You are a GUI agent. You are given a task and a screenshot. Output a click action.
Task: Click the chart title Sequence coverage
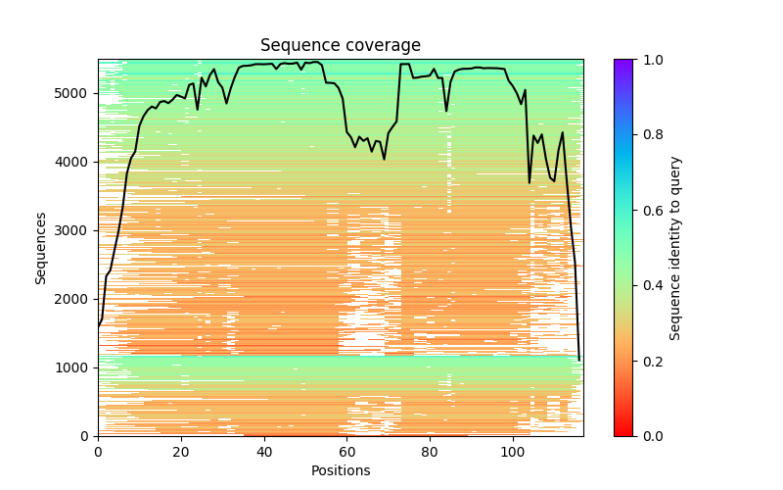point(340,46)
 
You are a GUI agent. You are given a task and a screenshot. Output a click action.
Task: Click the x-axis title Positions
point(340,470)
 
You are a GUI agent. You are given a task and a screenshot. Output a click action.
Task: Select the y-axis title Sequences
point(41,248)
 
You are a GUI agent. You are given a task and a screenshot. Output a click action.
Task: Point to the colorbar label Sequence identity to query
point(675,248)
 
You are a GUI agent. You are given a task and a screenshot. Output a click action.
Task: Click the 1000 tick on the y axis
point(74,367)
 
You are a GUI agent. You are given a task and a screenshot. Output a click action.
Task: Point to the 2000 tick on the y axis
point(74,299)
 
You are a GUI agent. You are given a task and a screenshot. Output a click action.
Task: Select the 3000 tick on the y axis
point(74,230)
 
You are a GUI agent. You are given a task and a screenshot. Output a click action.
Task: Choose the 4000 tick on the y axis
point(74,162)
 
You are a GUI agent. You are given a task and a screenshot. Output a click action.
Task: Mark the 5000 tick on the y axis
point(74,93)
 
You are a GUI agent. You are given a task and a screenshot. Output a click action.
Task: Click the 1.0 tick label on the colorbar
point(650,60)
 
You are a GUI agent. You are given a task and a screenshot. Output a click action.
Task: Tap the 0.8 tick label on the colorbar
point(650,135)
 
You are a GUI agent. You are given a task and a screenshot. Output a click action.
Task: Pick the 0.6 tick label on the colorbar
point(650,211)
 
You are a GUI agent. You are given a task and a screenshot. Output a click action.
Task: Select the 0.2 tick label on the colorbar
point(650,361)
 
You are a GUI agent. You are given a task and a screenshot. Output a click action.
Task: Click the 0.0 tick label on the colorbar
point(650,436)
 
